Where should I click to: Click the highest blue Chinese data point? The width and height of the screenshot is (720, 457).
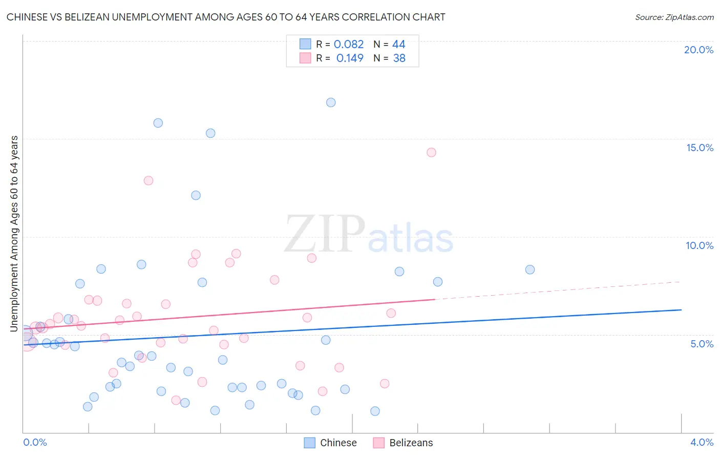tap(331, 102)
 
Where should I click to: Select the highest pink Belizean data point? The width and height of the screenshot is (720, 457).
tap(431, 152)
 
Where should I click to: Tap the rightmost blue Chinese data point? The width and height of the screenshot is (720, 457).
tap(530, 269)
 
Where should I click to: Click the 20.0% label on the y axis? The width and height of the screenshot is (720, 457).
tap(698, 50)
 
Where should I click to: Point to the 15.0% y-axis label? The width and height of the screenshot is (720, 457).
tap(700, 148)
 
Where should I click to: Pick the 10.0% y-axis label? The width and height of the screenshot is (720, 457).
tap(700, 245)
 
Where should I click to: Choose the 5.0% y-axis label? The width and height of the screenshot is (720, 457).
tap(702, 344)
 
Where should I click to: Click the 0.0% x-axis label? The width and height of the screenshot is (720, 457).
tap(35, 442)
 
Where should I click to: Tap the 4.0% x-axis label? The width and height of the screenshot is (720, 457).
tap(702, 442)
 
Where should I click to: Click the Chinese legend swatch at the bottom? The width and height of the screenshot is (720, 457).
tap(309, 443)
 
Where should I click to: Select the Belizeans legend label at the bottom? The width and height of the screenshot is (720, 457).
tap(411, 443)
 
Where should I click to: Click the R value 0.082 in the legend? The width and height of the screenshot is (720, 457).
tap(349, 45)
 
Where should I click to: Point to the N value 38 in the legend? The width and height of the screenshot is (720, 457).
tap(399, 58)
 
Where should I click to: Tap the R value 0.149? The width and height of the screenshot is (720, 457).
tap(350, 58)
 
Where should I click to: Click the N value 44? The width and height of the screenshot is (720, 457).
tap(398, 45)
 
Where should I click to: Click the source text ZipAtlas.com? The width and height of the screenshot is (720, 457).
tap(674, 17)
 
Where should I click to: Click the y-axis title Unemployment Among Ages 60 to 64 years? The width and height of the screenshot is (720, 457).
tap(14, 233)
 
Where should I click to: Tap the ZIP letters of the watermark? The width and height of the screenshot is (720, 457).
tap(324, 234)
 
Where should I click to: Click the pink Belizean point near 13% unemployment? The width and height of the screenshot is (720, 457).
tap(149, 180)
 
